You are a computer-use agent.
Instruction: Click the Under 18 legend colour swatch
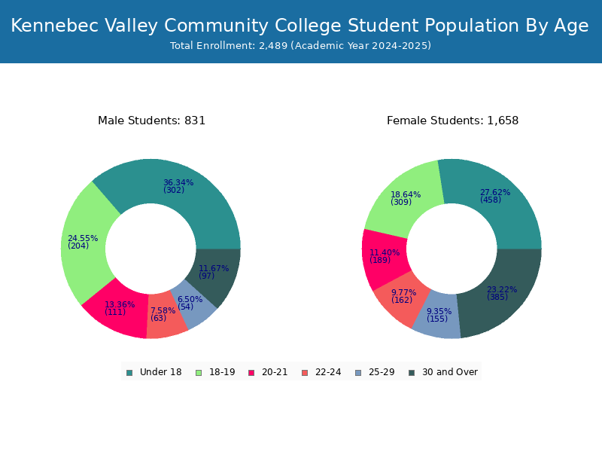point(129,373)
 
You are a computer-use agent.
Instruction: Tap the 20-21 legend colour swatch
point(251,373)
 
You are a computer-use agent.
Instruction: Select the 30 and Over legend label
point(450,372)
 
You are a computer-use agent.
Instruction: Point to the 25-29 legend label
point(382,372)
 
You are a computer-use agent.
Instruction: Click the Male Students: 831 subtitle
point(152,121)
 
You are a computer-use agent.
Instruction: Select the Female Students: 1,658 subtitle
point(453,121)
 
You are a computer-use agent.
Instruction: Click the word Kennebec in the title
point(54,26)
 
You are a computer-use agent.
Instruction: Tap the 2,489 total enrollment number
point(273,46)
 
